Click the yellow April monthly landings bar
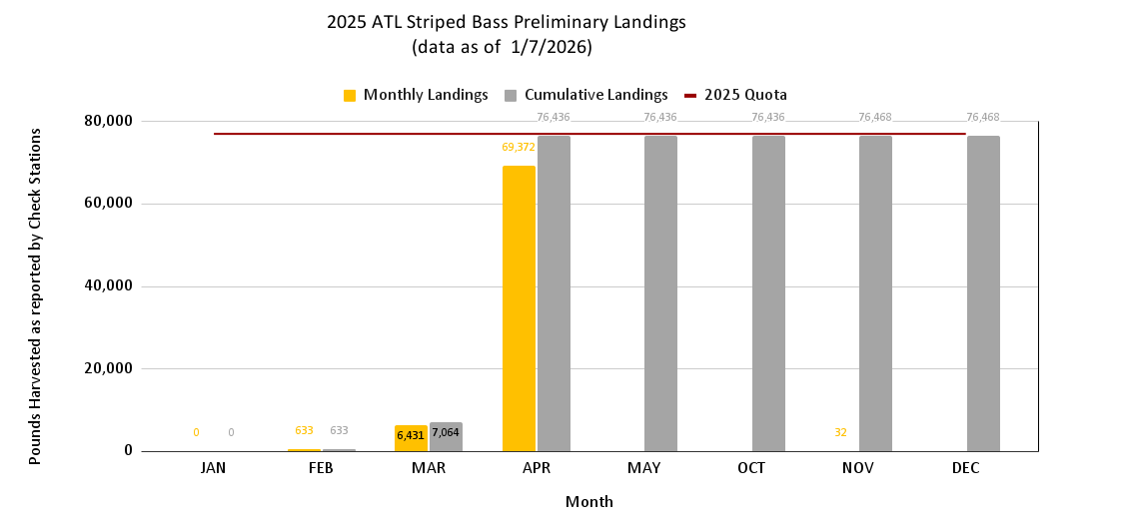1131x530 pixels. pyautogui.click(x=519, y=308)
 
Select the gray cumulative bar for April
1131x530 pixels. pyautogui.click(x=554, y=293)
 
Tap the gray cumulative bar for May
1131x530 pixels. pyautogui.click(x=660, y=293)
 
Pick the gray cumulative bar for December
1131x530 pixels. pyautogui.click(x=983, y=293)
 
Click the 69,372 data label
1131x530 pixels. pyautogui.click(x=519, y=147)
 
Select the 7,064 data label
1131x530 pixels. pyautogui.click(x=446, y=432)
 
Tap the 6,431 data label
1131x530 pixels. pyautogui.click(x=411, y=435)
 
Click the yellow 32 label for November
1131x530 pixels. pyautogui.click(x=840, y=432)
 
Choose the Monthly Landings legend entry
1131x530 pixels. pyautogui.click(x=416, y=95)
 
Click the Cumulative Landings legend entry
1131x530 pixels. pyautogui.click(x=585, y=95)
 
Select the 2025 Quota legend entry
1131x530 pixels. pyautogui.click(x=735, y=95)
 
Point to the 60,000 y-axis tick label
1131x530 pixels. pyautogui.click(x=107, y=204)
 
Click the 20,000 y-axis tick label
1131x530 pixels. pyautogui.click(x=107, y=368)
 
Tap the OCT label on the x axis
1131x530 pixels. pyautogui.click(x=768, y=467)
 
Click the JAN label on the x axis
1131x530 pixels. pyautogui.click(x=213, y=467)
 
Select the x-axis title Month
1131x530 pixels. pyautogui.click(x=589, y=501)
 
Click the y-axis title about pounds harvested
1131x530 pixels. pyautogui.click(x=35, y=294)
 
